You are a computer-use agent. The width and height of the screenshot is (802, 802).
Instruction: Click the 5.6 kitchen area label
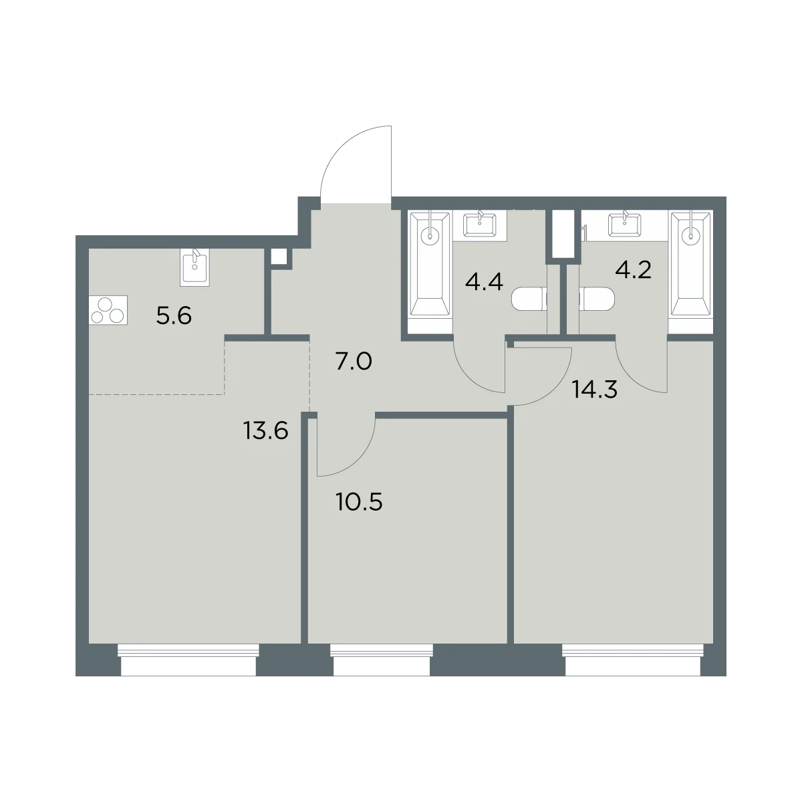pyautogui.click(x=174, y=316)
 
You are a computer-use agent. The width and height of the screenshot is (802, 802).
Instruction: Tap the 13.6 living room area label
pyautogui.click(x=266, y=431)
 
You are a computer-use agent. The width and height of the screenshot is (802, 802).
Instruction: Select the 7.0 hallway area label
pyautogui.click(x=354, y=362)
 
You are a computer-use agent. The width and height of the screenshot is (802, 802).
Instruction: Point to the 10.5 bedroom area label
pyautogui.click(x=359, y=502)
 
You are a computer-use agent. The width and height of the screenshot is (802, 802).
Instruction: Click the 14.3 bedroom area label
pyautogui.click(x=595, y=390)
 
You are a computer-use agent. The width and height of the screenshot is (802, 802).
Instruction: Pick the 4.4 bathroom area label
pyautogui.click(x=484, y=281)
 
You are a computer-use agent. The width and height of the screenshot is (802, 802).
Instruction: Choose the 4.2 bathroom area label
pyautogui.click(x=633, y=270)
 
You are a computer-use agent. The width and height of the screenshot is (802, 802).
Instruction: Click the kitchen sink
pyautogui.click(x=194, y=267)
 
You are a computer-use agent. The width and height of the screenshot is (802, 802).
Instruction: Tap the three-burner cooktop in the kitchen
pyautogui.click(x=108, y=310)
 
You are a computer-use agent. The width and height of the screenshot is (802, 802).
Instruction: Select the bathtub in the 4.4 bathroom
pyautogui.click(x=430, y=264)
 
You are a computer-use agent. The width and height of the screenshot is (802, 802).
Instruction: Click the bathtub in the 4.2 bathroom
pyautogui.click(x=691, y=264)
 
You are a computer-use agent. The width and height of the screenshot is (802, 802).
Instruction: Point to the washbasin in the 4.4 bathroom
pyautogui.click(x=479, y=225)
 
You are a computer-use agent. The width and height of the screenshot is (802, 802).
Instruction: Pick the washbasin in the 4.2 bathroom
pyautogui.click(x=625, y=225)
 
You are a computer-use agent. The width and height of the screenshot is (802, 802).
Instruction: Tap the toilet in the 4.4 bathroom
pyautogui.click(x=528, y=299)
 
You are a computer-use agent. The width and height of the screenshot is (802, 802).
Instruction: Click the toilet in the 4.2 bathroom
pyautogui.click(x=597, y=299)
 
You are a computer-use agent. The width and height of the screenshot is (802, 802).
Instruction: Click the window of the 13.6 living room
pyautogui.click(x=188, y=660)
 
